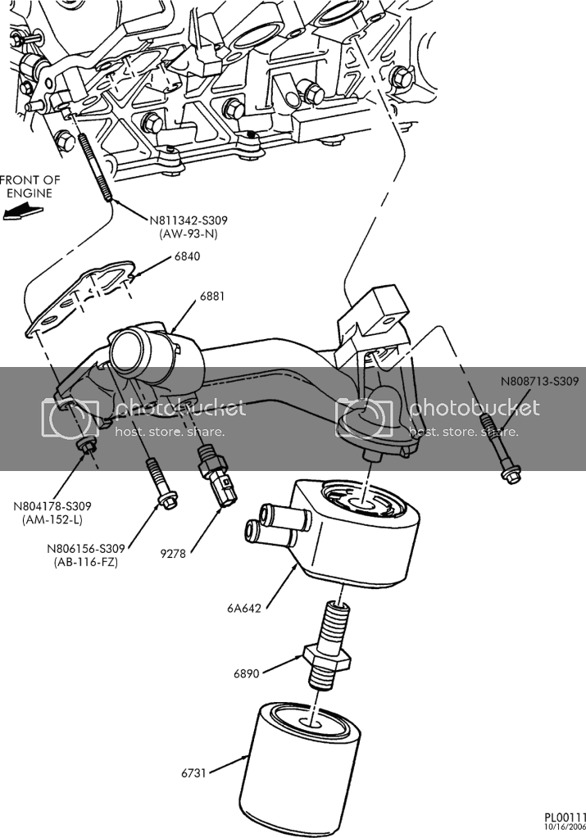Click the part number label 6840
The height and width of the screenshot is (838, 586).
point(187,256)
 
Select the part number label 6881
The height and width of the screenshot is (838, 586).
point(211,296)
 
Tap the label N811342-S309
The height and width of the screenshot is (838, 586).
point(189,220)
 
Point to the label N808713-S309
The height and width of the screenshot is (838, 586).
point(540,381)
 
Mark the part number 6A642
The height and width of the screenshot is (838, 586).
point(243,608)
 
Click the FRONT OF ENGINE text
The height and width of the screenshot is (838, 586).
point(30,187)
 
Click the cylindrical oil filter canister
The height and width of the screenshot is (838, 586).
point(299,762)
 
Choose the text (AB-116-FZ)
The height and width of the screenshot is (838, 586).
point(86,562)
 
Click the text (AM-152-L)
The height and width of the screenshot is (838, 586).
point(53,519)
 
